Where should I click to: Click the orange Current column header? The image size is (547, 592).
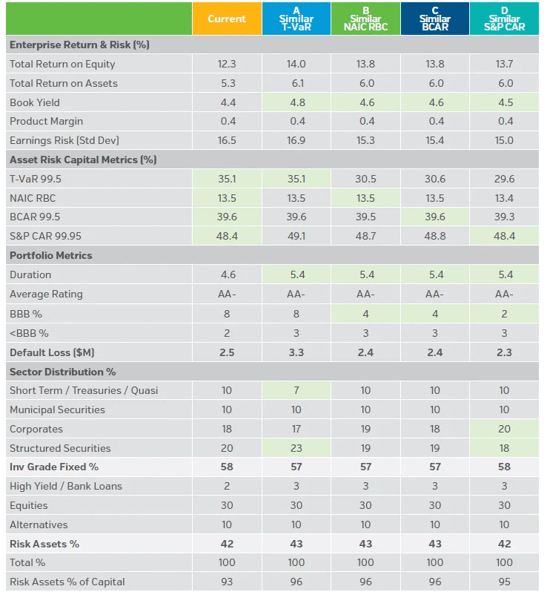227,19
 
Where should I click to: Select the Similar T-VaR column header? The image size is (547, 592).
296,19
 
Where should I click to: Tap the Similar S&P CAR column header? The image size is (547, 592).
504,19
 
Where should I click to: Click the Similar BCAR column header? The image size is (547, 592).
434,19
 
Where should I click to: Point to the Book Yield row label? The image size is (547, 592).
35,102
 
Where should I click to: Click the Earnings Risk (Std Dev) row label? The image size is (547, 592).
64,140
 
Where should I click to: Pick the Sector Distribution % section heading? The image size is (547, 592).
62,372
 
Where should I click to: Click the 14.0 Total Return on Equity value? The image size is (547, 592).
296,65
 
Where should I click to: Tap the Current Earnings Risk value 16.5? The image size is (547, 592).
227,140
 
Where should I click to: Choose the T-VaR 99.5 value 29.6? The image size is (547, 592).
504,179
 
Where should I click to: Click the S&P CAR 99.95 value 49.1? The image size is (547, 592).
296,236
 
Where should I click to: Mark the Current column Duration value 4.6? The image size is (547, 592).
227,274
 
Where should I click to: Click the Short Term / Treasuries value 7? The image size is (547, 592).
296,390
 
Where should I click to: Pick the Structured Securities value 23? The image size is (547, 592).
296,448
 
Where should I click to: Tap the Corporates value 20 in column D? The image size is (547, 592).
504,429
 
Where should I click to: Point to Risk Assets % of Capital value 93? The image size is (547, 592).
227,582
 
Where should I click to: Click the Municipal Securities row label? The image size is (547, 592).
57,410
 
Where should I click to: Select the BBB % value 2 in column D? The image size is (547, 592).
504,313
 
